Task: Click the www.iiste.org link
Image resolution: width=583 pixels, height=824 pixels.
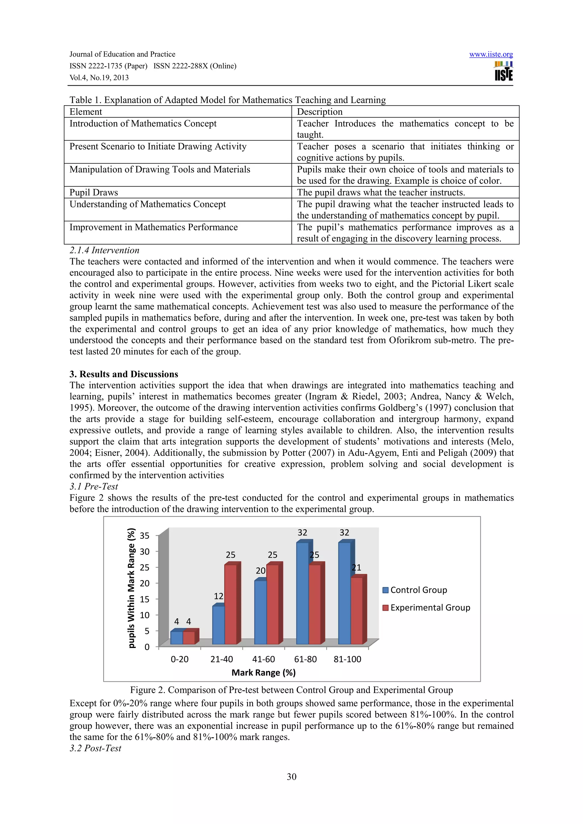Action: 491,54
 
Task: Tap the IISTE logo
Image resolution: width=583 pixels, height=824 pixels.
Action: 504,71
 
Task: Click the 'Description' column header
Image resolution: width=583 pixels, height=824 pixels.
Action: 319,112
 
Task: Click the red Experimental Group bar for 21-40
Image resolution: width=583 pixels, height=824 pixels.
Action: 231,605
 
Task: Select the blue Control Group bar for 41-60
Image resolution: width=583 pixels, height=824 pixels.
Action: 260,613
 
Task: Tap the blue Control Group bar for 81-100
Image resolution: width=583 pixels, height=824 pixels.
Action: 344,594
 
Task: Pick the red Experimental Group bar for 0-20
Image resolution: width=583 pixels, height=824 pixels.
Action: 188,638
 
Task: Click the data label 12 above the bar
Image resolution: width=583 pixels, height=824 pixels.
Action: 218,597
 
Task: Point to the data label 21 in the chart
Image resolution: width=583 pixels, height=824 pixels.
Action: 356,568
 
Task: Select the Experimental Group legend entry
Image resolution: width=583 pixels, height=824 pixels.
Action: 426,608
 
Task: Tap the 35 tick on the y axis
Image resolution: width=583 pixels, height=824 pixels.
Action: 144,536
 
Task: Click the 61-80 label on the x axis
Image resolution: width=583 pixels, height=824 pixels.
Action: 305,659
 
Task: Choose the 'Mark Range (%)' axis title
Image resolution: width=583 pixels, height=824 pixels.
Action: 263,672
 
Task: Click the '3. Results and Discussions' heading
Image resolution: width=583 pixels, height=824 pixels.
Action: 124,374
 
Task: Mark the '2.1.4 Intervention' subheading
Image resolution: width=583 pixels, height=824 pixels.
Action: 104,250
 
